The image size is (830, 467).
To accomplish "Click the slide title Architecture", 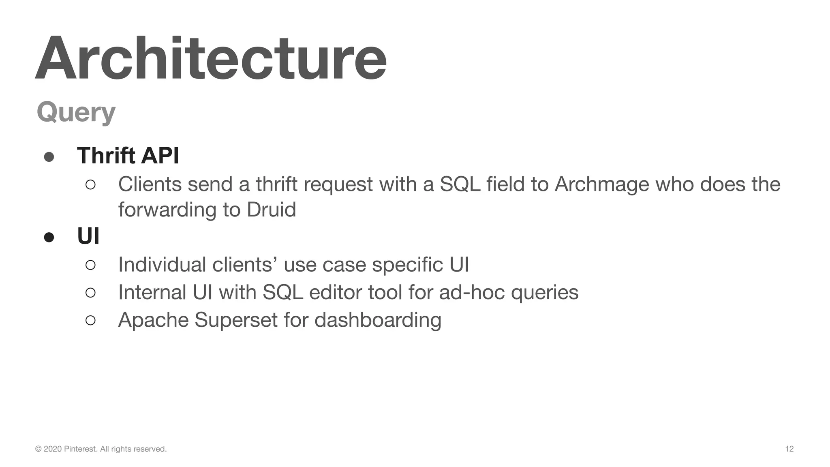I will (211, 59).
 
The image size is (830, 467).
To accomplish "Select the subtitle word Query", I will (76, 112).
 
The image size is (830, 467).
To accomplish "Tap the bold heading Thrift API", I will (128, 155).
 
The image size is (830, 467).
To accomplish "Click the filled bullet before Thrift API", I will (49, 157).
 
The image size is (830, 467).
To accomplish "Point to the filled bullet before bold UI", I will (49, 237).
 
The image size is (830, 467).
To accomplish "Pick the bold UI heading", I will (88, 236).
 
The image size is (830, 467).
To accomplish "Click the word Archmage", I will (601, 185).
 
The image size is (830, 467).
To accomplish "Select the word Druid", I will (271, 210).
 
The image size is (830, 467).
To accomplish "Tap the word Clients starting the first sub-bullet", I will (150, 184).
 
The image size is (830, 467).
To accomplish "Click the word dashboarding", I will (378, 320).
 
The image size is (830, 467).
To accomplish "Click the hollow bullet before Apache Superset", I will (90, 320).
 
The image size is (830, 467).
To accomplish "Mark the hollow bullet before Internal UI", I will (90, 293).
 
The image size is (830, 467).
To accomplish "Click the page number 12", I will (789, 449).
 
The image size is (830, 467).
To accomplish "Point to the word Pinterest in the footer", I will (80, 449).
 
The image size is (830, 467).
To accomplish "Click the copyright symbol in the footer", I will (39, 449).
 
